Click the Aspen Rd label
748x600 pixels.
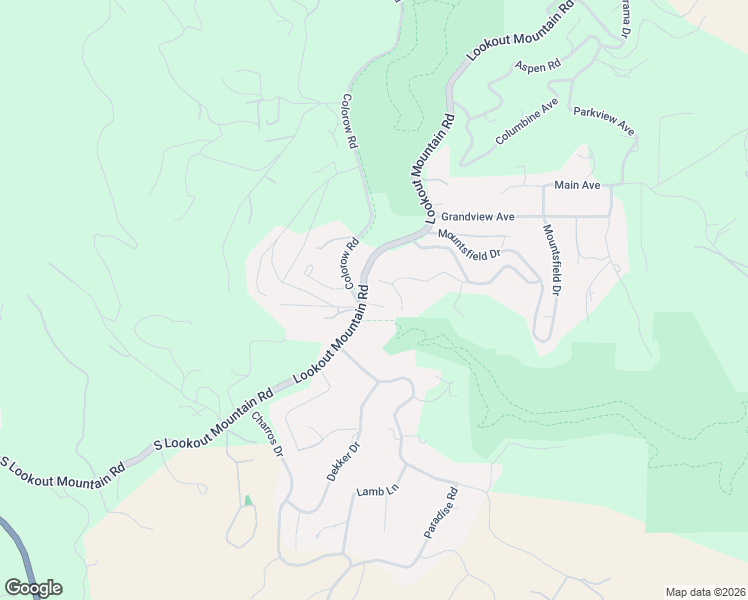tap(538, 66)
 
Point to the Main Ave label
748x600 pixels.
tap(577, 186)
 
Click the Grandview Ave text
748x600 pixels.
tap(478, 216)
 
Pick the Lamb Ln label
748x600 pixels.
tap(377, 492)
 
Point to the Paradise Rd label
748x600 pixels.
tap(440, 513)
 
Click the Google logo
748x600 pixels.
tap(33, 587)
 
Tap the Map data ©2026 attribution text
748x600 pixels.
tap(705, 592)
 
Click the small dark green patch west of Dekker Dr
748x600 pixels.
tap(248, 500)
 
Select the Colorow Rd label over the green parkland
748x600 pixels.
tap(349, 122)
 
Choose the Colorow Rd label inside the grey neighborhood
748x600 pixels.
tap(351, 263)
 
